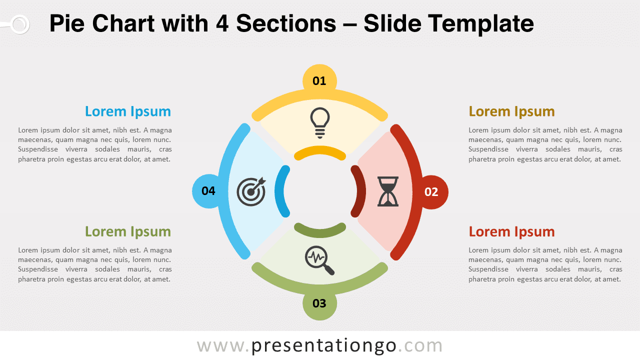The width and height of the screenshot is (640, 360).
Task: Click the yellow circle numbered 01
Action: [x=319, y=80]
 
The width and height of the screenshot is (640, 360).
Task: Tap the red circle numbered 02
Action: [x=431, y=192]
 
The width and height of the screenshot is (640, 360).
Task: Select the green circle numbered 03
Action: [x=319, y=303]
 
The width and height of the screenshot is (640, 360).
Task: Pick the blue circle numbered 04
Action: [x=208, y=191]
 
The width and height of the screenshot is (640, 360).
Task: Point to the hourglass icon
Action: [x=388, y=191]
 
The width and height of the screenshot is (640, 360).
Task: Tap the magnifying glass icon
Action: [x=319, y=260]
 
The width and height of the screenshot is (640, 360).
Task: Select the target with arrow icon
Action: [x=251, y=191]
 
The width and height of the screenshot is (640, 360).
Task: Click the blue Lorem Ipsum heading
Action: [x=127, y=111]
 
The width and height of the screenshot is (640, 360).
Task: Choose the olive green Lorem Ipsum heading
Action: [x=127, y=231]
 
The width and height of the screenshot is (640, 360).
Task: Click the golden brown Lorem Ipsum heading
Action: [x=511, y=111]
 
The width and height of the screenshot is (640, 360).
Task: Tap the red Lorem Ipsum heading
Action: [x=511, y=232]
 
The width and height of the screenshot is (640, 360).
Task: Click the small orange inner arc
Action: [x=320, y=152]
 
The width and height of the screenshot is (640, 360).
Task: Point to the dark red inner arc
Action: [x=356, y=191]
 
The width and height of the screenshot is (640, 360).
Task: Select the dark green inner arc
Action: [x=320, y=230]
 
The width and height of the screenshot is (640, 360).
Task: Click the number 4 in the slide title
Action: [x=221, y=23]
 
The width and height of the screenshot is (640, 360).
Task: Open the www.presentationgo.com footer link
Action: [x=319, y=345]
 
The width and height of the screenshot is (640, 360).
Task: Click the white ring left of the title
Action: [x=19, y=24]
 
